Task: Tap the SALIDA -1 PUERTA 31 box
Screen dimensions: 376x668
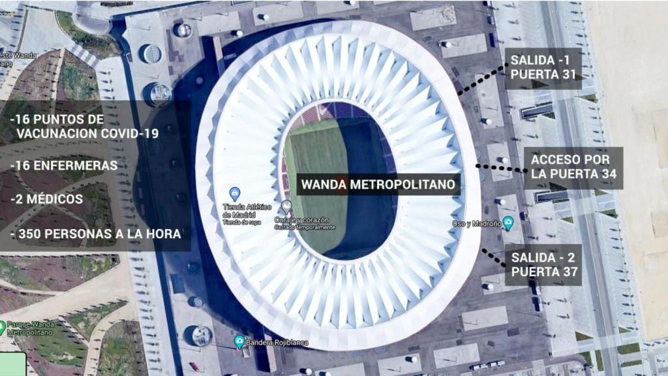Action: click(x=543, y=67)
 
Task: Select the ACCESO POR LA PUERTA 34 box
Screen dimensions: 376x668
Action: click(x=573, y=167)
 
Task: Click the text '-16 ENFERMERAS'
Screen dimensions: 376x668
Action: click(x=64, y=166)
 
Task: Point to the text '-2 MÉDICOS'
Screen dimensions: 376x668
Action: click(x=46, y=198)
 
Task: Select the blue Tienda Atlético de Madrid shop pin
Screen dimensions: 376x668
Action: click(x=235, y=194)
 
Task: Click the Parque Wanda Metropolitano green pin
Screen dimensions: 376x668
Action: click(x=3, y=326)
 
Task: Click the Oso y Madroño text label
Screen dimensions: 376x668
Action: click(x=477, y=223)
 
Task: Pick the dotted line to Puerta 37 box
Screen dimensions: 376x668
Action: click(x=494, y=257)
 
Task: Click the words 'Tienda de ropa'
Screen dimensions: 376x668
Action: click(x=241, y=223)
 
